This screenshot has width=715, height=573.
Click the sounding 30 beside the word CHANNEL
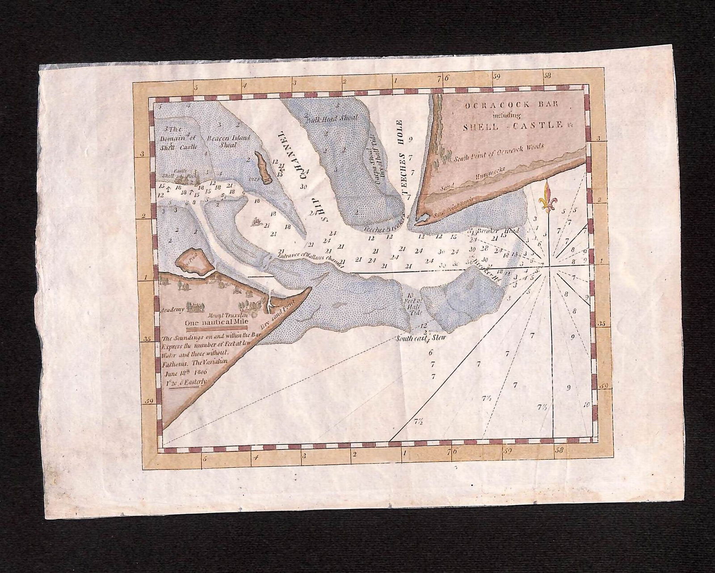[304, 187]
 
